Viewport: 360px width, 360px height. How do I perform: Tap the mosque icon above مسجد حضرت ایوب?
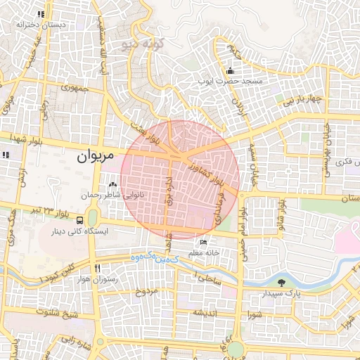click(x=231, y=70)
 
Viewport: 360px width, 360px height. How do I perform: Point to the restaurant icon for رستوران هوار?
click(x=98, y=268)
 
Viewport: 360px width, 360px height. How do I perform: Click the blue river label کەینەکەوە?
click(x=150, y=258)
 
